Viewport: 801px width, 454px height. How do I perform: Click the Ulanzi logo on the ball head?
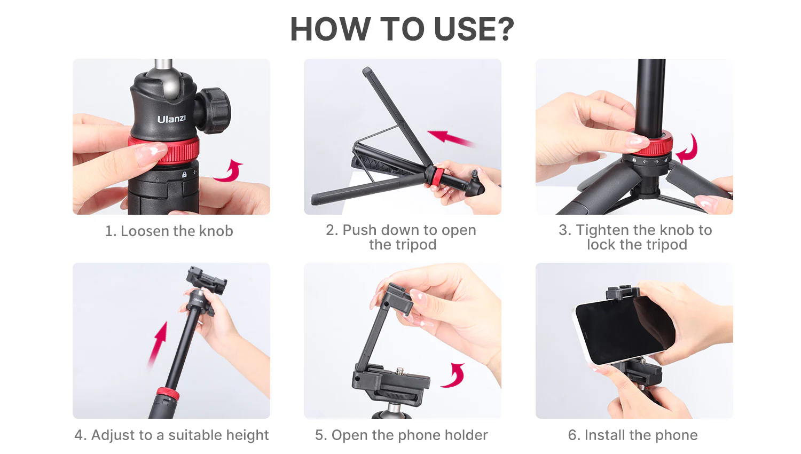click(x=171, y=119)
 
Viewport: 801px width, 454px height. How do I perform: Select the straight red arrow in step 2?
click(x=451, y=138)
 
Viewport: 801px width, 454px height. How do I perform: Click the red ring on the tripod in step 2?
click(x=437, y=177)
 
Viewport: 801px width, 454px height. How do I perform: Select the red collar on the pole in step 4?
click(x=167, y=395)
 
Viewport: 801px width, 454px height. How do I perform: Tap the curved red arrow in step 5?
click(x=454, y=376)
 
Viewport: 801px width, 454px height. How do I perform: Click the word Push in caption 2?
click(x=359, y=230)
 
